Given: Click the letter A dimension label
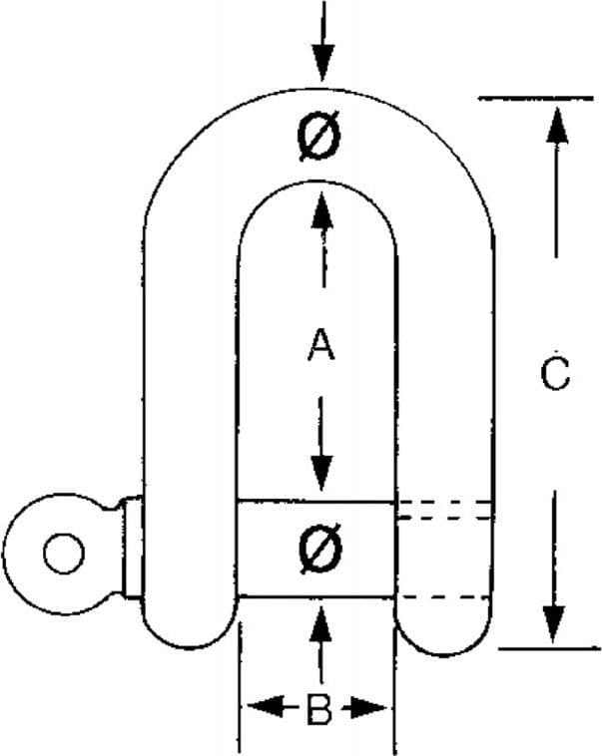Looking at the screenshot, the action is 321,344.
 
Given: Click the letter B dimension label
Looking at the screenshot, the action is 319,709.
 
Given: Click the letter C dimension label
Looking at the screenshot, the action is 555,374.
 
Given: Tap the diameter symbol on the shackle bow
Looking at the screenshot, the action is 318,137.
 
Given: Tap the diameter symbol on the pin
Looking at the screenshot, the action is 319,550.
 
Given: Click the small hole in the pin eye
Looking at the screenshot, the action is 64,554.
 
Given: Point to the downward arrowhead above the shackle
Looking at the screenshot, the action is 323,60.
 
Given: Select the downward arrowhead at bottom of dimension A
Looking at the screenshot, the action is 321,473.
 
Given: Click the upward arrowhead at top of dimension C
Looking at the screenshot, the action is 557,125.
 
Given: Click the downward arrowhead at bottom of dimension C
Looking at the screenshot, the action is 554,624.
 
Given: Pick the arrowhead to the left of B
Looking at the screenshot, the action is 266,707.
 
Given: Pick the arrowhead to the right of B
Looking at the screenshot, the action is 368,709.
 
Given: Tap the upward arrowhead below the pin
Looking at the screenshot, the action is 320,625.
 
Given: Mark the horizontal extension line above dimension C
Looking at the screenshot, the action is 535,99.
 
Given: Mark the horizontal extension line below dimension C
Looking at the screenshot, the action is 549,649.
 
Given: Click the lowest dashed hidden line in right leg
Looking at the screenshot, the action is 444,597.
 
